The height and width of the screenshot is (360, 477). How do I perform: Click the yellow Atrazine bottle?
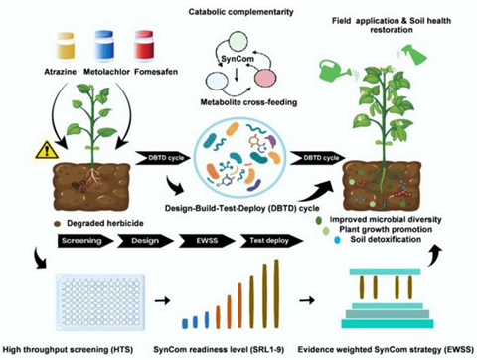[x=66, y=47]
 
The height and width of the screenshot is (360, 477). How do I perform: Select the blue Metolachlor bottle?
[x=104, y=46]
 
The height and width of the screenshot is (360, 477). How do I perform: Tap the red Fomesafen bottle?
[x=144, y=46]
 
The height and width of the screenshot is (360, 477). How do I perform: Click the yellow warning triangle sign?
[x=47, y=150]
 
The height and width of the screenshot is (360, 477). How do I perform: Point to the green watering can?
[x=335, y=71]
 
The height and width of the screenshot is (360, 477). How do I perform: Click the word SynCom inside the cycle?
[x=238, y=59]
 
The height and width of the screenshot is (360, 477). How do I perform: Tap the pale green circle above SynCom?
[x=238, y=41]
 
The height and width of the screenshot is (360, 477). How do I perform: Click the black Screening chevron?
[x=85, y=241]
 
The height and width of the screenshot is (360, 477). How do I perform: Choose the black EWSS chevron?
[x=207, y=241]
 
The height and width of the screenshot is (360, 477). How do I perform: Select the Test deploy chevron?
[x=271, y=241]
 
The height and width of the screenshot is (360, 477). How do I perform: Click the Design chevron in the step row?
[x=145, y=241]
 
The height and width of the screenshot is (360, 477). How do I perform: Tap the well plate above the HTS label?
[x=100, y=301]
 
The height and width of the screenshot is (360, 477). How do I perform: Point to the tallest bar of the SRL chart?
[x=277, y=293]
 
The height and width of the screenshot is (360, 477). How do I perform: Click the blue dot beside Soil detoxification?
[x=337, y=240]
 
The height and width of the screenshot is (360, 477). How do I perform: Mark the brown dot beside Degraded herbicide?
[x=57, y=224]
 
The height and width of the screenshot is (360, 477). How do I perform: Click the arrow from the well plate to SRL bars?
[x=162, y=300]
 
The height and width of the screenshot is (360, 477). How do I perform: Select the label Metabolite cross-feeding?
[x=248, y=102]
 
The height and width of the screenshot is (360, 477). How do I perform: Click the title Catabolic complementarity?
[x=240, y=12]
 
